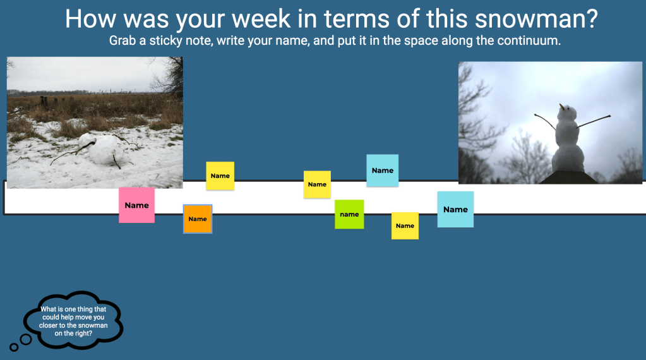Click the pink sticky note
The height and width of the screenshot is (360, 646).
pyautogui.click(x=137, y=205)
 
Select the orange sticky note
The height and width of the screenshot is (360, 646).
pyautogui.click(x=198, y=219)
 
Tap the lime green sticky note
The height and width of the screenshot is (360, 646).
pyautogui.click(x=349, y=214)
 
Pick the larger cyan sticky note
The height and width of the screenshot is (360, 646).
pyautogui.click(x=455, y=209)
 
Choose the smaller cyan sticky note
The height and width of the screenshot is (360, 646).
pyautogui.click(x=382, y=171)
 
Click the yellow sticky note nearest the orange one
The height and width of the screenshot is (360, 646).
pyautogui.click(x=220, y=176)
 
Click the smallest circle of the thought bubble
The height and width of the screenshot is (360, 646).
pyautogui.click(x=14, y=347)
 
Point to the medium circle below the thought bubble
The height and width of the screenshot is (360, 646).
pyautogui.click(x=26, y=339)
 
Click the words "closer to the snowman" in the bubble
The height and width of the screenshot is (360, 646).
pyautogui.click(x=73, y=325)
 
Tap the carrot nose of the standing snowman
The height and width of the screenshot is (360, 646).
pyautogui.click(x=561, y=107)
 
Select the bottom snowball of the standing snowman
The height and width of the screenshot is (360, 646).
pyautogui.click(x=568, y=159)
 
